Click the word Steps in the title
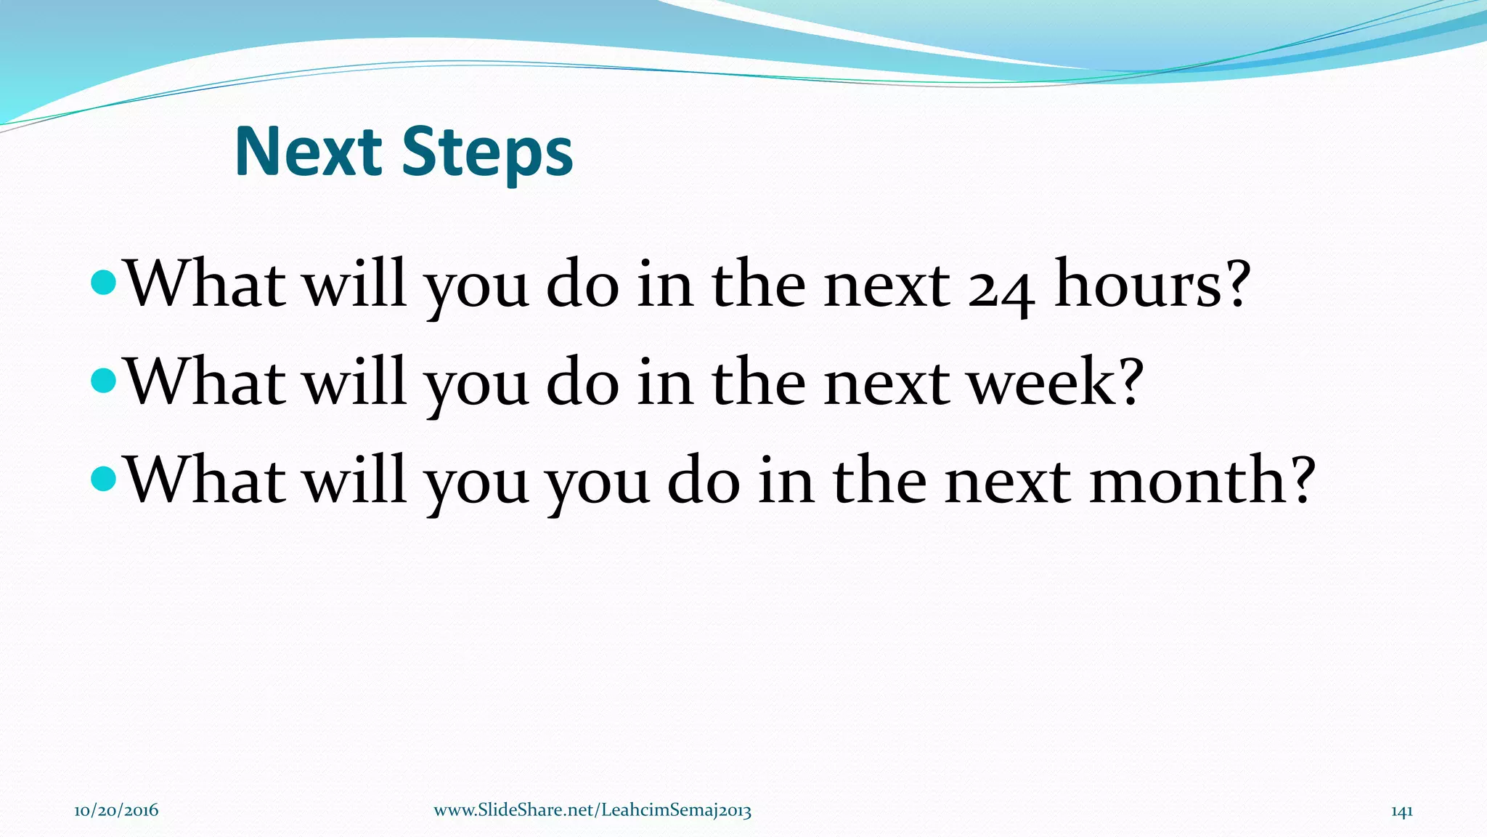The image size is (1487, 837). click(487, 154)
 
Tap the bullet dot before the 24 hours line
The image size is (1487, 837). click(105, 283)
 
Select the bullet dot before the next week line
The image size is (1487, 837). click(105, 380)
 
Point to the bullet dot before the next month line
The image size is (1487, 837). click(105, 478)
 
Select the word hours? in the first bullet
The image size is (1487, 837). click(1153, 283)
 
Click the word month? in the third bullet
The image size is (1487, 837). click(1202, 480)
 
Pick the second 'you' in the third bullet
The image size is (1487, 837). click(597, 484)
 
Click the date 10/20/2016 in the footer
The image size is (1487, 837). click(116, 811)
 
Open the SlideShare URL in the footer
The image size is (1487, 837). click(592, 811)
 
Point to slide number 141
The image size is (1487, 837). click(1401, 811)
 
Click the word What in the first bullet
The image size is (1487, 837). click(205, 283)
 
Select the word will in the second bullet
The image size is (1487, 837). click(354, 381)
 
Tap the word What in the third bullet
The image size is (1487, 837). click(205, 480)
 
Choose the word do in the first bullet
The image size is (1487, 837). click(582, 283)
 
